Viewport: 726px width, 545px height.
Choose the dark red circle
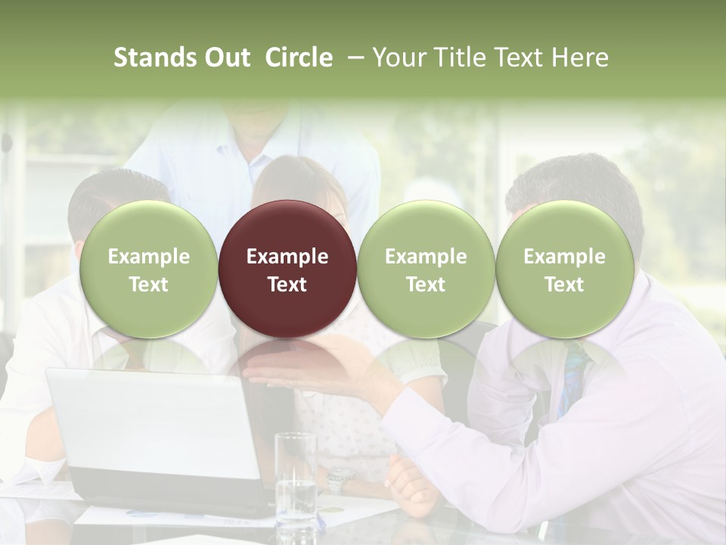[287, 269]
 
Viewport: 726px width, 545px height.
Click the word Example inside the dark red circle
[287, 257]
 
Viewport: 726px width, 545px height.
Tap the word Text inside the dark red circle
[287, 285]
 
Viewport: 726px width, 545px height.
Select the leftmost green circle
[148, 269]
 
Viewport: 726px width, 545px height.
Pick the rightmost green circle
[564, 269]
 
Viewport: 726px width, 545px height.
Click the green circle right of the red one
[426, 269]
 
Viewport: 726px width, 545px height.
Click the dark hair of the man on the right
[575, 182]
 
